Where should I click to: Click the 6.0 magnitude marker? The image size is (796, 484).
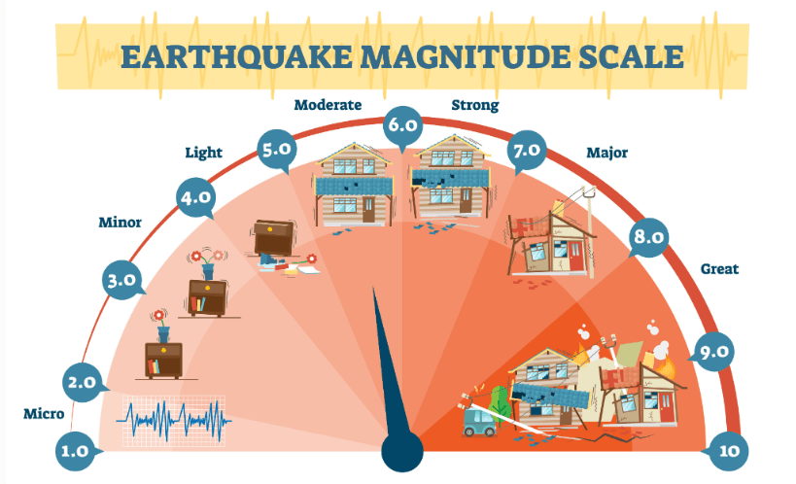[402, 125]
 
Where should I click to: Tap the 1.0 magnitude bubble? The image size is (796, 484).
[75, 451]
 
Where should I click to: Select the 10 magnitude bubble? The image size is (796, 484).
[728, 451]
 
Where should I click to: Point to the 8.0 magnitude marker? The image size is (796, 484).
[649, 237]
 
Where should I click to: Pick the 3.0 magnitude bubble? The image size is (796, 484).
[122, 280]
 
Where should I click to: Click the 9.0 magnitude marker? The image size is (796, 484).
[713, 352]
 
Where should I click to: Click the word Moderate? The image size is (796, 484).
[328, 105]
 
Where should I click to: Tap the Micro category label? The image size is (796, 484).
[44, 413]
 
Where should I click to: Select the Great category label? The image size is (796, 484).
[719, 268]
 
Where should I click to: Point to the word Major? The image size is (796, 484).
[607, 153]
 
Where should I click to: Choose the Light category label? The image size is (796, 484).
[203, 153]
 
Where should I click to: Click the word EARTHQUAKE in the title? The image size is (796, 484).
[236, 56]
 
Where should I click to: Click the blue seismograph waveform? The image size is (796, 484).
[174, 421]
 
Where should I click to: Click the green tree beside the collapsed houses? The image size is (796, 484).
[500, 401]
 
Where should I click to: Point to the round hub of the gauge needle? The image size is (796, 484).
[402, 451]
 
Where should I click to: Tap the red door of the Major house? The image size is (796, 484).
[576, 257]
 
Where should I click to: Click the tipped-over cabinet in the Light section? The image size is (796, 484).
[273, 238]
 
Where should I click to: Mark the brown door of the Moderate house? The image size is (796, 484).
[368, 210]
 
